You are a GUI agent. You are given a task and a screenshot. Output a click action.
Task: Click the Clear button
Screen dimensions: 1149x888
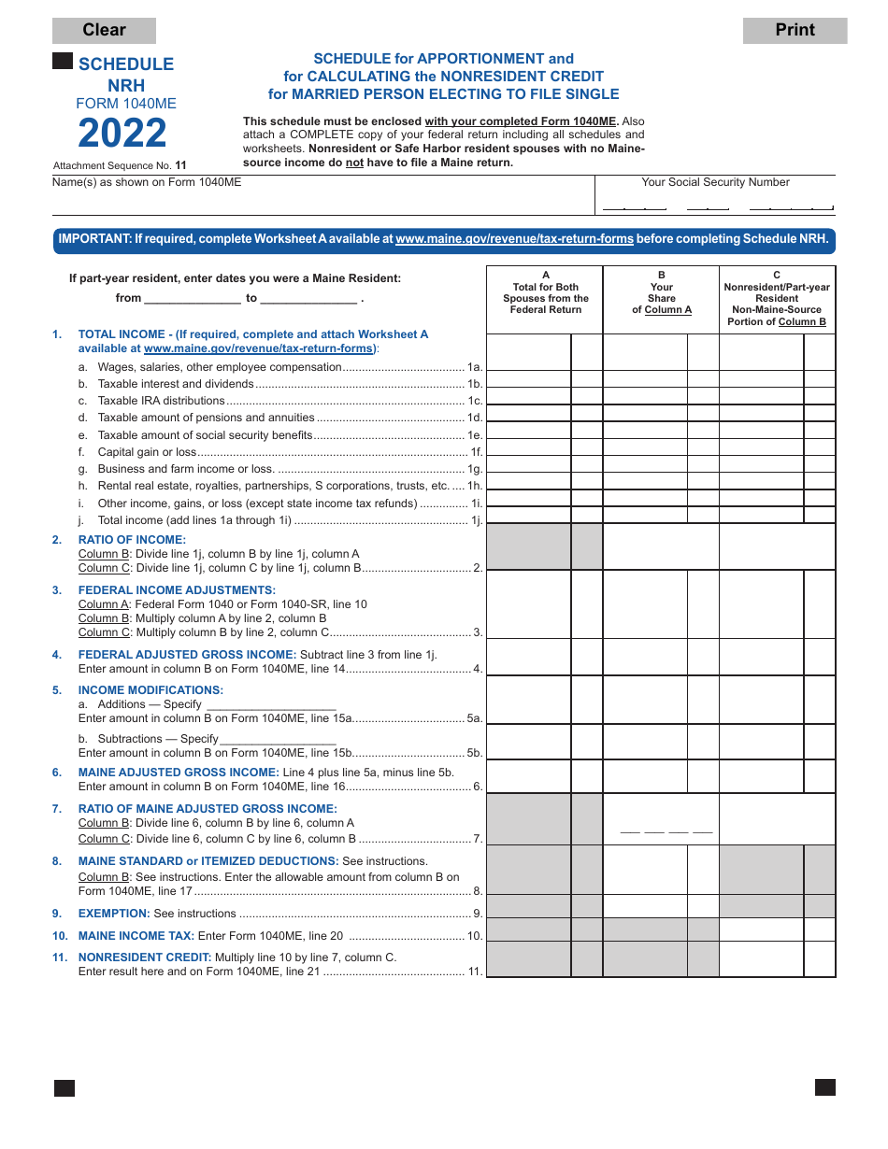click(x=104, y=30)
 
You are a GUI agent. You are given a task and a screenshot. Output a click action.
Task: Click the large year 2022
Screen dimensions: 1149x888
click(x=122, y=134)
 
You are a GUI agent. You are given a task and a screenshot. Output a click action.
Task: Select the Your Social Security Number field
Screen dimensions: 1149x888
click(x=716, y=202)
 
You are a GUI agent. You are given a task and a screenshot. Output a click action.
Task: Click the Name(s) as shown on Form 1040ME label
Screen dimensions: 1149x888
click(x=147, y=182)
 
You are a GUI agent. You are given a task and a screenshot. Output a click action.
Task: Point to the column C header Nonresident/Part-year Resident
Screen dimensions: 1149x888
click(x=777, y=298)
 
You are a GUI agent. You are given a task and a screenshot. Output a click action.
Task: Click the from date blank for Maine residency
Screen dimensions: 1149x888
click(x=193, y=299)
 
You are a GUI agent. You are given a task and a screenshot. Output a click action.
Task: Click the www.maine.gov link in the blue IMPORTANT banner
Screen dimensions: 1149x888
click(x=514, y=239)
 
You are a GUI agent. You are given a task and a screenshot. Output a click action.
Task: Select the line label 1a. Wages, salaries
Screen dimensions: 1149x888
click(x=220, y=367)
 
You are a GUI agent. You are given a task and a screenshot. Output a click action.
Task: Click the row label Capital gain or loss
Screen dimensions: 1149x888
click(x=148, y=452)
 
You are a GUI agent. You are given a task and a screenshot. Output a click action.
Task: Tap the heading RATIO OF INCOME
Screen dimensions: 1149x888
click(x=132, y=540)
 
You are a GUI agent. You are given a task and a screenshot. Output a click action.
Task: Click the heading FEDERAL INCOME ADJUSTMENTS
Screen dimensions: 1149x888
click(x=177, y=590)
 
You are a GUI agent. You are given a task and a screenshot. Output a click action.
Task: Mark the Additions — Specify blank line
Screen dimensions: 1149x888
click(x=270, y=705)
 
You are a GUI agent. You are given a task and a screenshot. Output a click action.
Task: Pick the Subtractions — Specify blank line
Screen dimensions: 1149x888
click(x=278, y=740)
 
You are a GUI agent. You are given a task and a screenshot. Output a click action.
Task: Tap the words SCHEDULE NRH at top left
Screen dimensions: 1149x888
click(x=126, y=75)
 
